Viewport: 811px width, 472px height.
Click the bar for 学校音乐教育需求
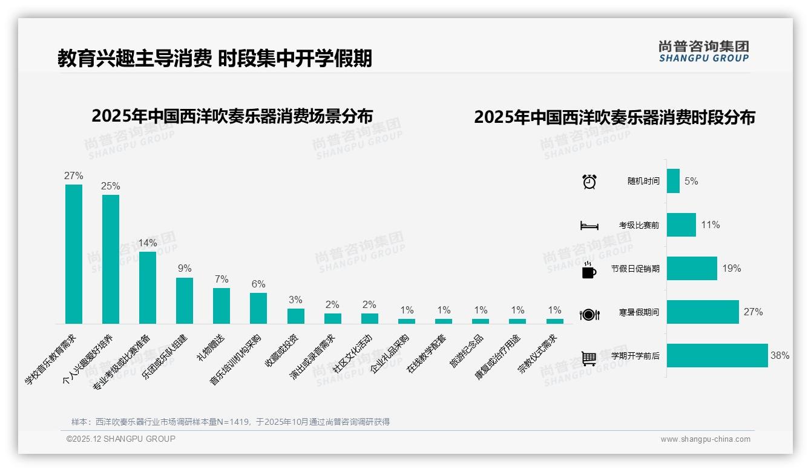click(x=74, y=254)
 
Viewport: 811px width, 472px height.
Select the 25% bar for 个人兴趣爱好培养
click(x=111, y=259)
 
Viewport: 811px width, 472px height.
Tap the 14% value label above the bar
click(x=148, y=243)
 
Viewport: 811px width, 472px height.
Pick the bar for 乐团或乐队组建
click(x=185, y=301)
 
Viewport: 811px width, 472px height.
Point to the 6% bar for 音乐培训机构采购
click(x=258, y=309)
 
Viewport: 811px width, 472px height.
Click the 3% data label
click(x=295, y=300)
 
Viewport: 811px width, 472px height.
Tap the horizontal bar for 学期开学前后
click(x=717, y=356)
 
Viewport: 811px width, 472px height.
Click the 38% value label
click(x=780, y=356)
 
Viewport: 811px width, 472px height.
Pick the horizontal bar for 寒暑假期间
click(x=703, y=312)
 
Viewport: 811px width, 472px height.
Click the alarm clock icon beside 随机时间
click(x=589, y=182)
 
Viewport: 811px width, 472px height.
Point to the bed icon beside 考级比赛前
click(x=589, y=226)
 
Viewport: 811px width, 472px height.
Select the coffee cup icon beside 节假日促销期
click(x=589, y=270)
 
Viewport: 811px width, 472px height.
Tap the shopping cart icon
click(x=589, y=358)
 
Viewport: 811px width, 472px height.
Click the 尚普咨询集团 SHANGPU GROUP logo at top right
click(x=704, y=51)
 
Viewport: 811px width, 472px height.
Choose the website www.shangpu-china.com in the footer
click(x=705, y=439)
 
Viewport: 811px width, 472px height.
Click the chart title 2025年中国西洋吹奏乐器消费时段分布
click(x=614, y=117)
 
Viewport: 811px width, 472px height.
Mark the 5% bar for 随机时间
click(x=673, y=181)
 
